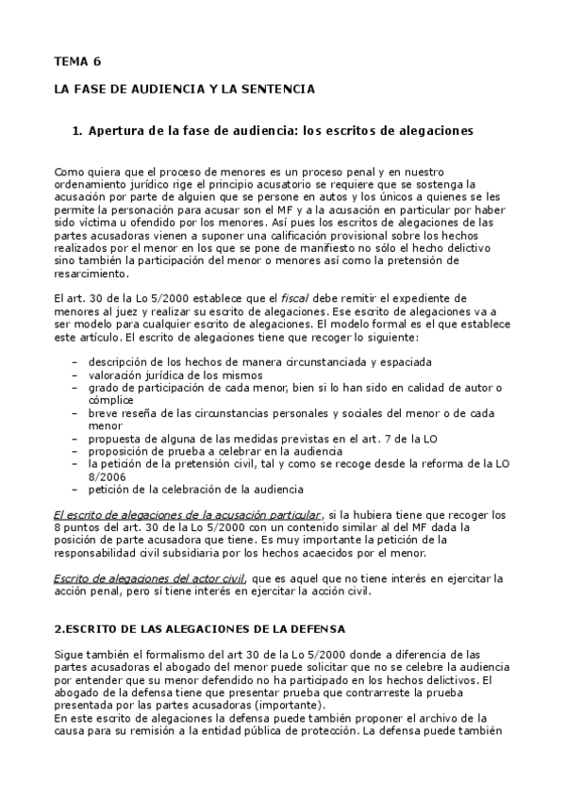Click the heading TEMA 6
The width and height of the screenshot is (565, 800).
(x=76, y=61)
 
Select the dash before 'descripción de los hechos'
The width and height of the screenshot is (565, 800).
(x=75, y=361)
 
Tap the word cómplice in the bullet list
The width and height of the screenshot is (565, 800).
(x=112, y=399)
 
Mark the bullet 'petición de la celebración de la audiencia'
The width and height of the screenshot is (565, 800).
(x=196, y=489)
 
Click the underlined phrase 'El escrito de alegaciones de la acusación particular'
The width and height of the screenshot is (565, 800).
(x=188, y=514)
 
